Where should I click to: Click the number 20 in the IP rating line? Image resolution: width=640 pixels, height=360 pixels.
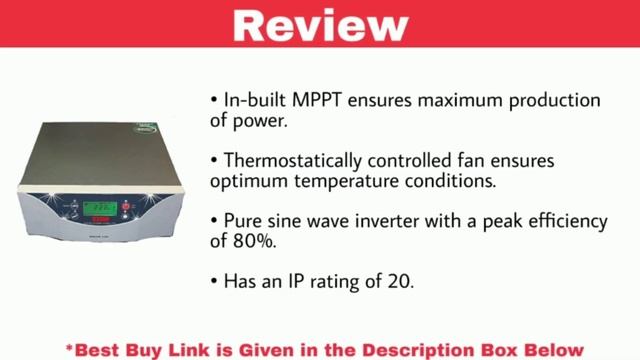click(398, 283)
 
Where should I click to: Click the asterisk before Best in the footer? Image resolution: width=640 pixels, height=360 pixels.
click(70, 347)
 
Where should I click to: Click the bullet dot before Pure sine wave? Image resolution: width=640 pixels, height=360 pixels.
click(215, 220)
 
